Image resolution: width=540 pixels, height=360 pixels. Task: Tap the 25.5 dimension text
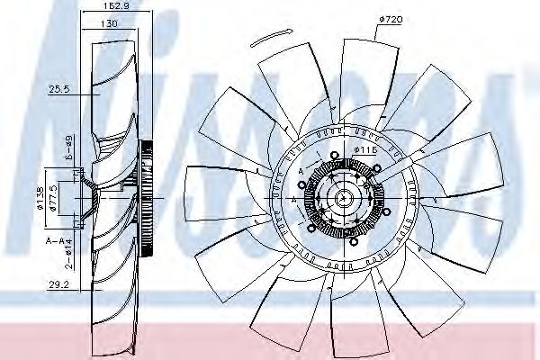point(58,89)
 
